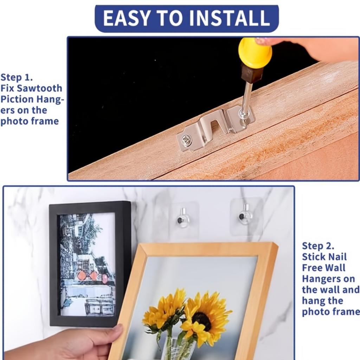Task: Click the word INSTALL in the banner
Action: click(230, 18)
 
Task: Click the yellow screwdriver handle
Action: click(255, 53)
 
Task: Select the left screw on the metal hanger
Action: click(185, 139)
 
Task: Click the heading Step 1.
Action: click(17, 77)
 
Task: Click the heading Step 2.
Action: click(318, 246)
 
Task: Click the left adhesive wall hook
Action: click(183, 218)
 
